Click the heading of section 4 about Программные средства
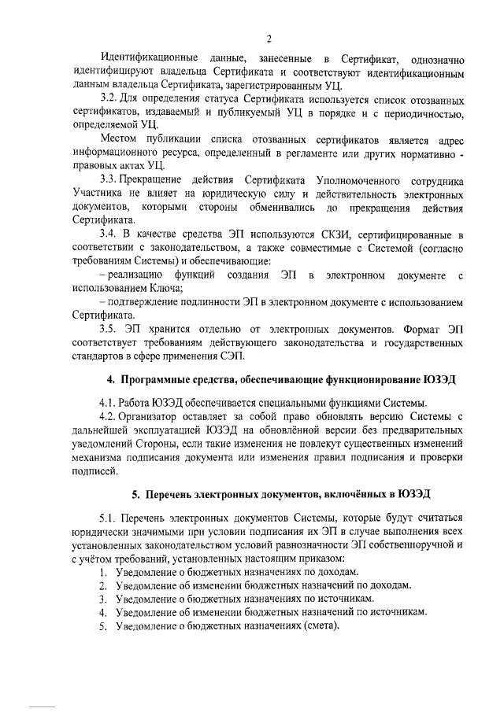pyautogui.click(x=282, y=379)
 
